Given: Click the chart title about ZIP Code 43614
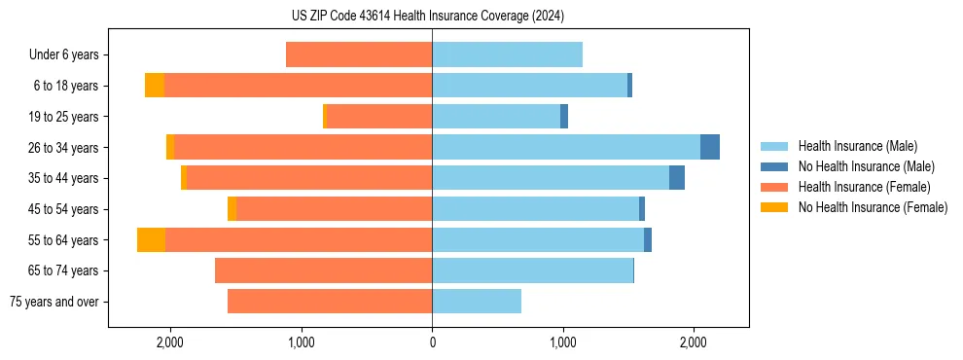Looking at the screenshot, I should (428, 17).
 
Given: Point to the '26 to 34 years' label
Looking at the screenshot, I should (61, 148).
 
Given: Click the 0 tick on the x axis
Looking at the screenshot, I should (432, 342).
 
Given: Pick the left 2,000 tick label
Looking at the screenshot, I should (170, 342).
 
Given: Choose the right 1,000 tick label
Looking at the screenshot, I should (562, 342).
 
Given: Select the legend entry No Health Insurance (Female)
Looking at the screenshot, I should (873, 207).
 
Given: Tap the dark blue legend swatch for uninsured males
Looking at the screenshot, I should (774, 166).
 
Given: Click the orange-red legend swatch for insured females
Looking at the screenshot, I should (774, 187).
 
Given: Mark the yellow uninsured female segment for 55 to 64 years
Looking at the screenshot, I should (151, 240).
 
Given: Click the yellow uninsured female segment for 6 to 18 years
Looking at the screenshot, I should (155, 86).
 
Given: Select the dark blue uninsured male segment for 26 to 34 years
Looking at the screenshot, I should (710, 148).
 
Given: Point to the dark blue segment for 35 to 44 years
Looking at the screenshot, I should (677, 178).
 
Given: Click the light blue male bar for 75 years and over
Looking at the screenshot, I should (477, 302).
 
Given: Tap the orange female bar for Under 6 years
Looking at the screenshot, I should (359, 55).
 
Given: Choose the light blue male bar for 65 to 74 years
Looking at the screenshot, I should (532, 270).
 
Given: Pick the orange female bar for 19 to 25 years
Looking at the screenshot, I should (378, 117).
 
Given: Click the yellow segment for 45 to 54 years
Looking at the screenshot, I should (232, 209).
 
